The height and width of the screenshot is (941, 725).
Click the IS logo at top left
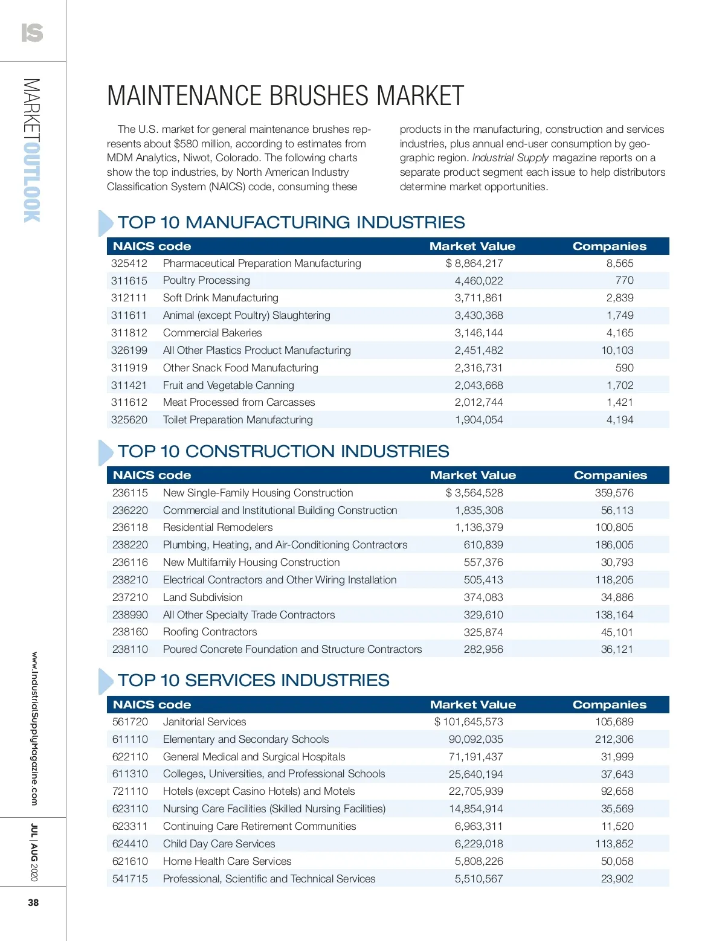click(32, 33)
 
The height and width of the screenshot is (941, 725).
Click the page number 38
click(33, 902)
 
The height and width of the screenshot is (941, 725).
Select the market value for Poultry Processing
click(478, 281)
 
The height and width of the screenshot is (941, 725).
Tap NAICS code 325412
click(129, 263)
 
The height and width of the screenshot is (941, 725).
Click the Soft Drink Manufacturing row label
click(221, 298)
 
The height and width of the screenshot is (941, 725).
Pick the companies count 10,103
click(617, 350)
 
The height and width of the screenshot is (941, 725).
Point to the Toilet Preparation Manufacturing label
click(237, 420)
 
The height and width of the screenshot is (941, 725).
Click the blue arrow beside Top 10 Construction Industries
click(105, 452)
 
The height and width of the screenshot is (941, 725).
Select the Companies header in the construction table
click(610, 475)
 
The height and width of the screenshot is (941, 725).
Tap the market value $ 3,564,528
click(474, 493)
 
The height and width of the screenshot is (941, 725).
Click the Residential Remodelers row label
click(217, 527)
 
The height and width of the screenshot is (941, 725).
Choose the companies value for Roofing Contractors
click(617, 632)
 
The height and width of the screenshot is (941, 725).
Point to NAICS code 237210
click(130, 597)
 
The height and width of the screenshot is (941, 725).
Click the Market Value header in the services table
click(473, 704)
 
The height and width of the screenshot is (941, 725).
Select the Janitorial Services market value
click(469, 722)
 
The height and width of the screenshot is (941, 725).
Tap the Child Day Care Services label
click(219, 844)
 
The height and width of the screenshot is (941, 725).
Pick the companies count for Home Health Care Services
click(617, 861)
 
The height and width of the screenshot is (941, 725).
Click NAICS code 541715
click(130, 879)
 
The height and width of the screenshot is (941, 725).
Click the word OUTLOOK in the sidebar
click(32, 181)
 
